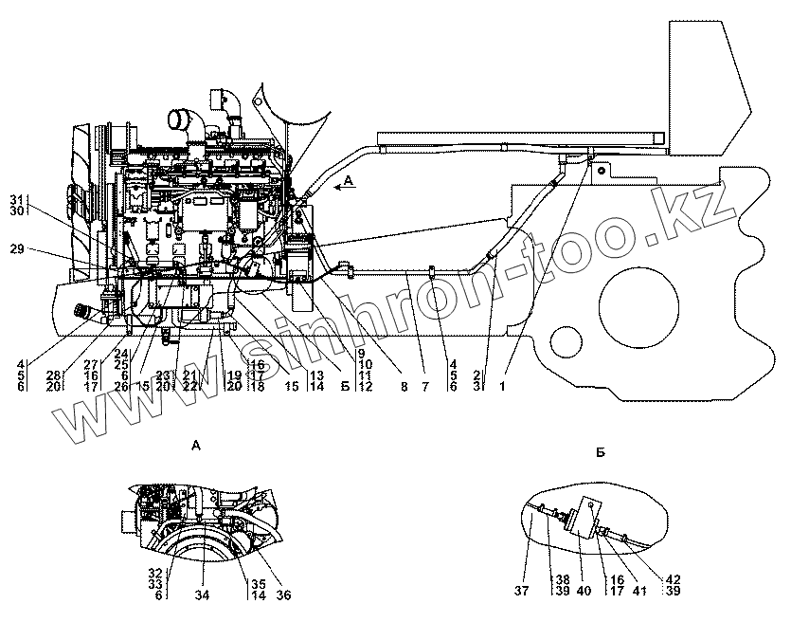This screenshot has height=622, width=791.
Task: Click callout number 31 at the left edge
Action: click(16, 198)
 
